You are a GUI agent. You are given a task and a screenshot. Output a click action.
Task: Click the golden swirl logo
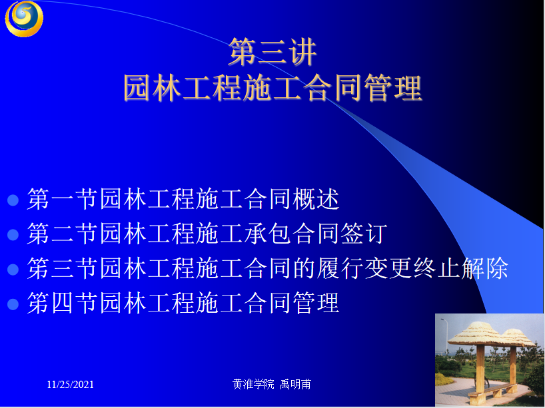click(x=24, y=18)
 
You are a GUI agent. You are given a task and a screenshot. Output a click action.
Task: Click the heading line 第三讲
click(x=272, y=52)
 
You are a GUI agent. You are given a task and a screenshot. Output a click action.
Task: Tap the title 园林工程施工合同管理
click(x=273, y=89)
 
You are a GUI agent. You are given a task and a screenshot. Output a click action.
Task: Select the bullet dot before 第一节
click(x=13, y=200)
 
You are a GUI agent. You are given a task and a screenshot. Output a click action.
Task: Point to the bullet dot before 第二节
click(x=13, y=235)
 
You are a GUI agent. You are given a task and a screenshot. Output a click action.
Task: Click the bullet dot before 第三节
click(x=13, y=270)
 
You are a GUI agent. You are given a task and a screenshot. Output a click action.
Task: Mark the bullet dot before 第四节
click(x=13, y=304)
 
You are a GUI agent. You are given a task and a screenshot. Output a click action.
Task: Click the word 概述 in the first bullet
click(x=316, y=199)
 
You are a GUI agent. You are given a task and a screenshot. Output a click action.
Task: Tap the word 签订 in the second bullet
click(x=364, y=234)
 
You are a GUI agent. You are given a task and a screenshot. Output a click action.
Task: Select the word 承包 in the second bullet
click(x=268, y=234)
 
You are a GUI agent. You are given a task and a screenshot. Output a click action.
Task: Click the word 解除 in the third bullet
click(x=485, y=268)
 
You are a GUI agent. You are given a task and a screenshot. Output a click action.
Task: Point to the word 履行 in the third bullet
click(x=340, y=268)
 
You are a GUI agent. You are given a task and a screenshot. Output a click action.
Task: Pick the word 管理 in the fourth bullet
click(x=316, y=303)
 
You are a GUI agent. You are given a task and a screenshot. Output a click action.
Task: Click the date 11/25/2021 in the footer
click(x=71, y=385)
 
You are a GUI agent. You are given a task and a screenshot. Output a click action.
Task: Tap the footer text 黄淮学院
click(x=253, y=385)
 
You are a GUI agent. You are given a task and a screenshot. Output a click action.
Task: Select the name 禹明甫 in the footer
click(x=295, y=385)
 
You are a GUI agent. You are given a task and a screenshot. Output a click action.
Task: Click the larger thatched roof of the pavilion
click(x=476, y=334)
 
